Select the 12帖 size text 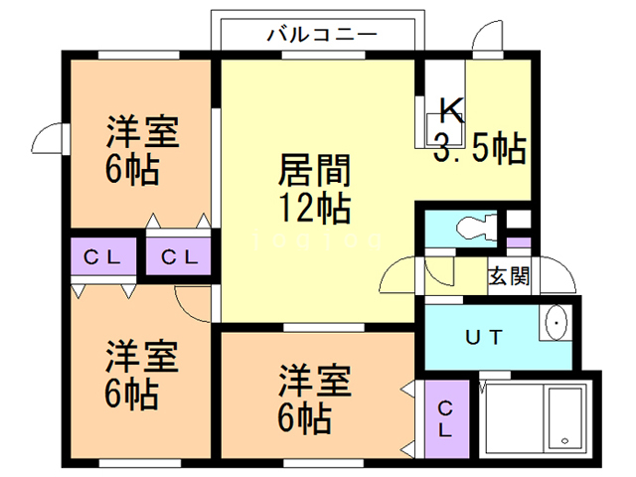pyautogui.click(x=313, y=209)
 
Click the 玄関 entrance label pyautogui.click(x=508, y=276)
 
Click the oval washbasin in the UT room pyautogui.click(x=556, y=324)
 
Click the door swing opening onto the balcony pyautogui.click(x=488, y=36)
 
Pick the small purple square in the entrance pyautogui.click(x=517, y=241)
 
